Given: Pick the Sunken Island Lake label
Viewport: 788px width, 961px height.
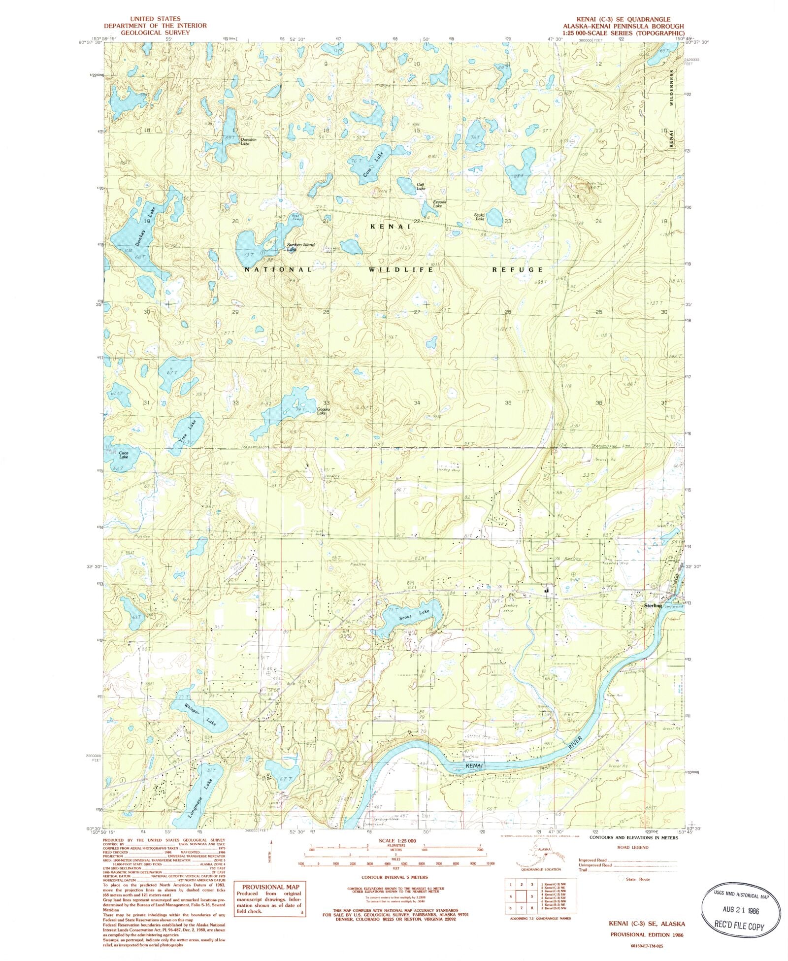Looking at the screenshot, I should click(300, 247).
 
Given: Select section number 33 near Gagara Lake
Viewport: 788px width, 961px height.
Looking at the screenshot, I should click(326, 403).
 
